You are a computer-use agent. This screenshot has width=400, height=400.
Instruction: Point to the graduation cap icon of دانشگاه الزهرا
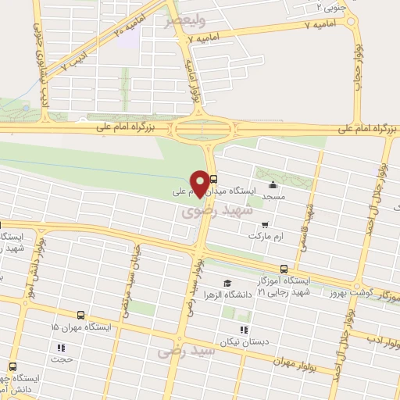[x=227, y=284]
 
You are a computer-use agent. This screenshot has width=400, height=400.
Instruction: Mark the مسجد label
[x=272, y=196]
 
